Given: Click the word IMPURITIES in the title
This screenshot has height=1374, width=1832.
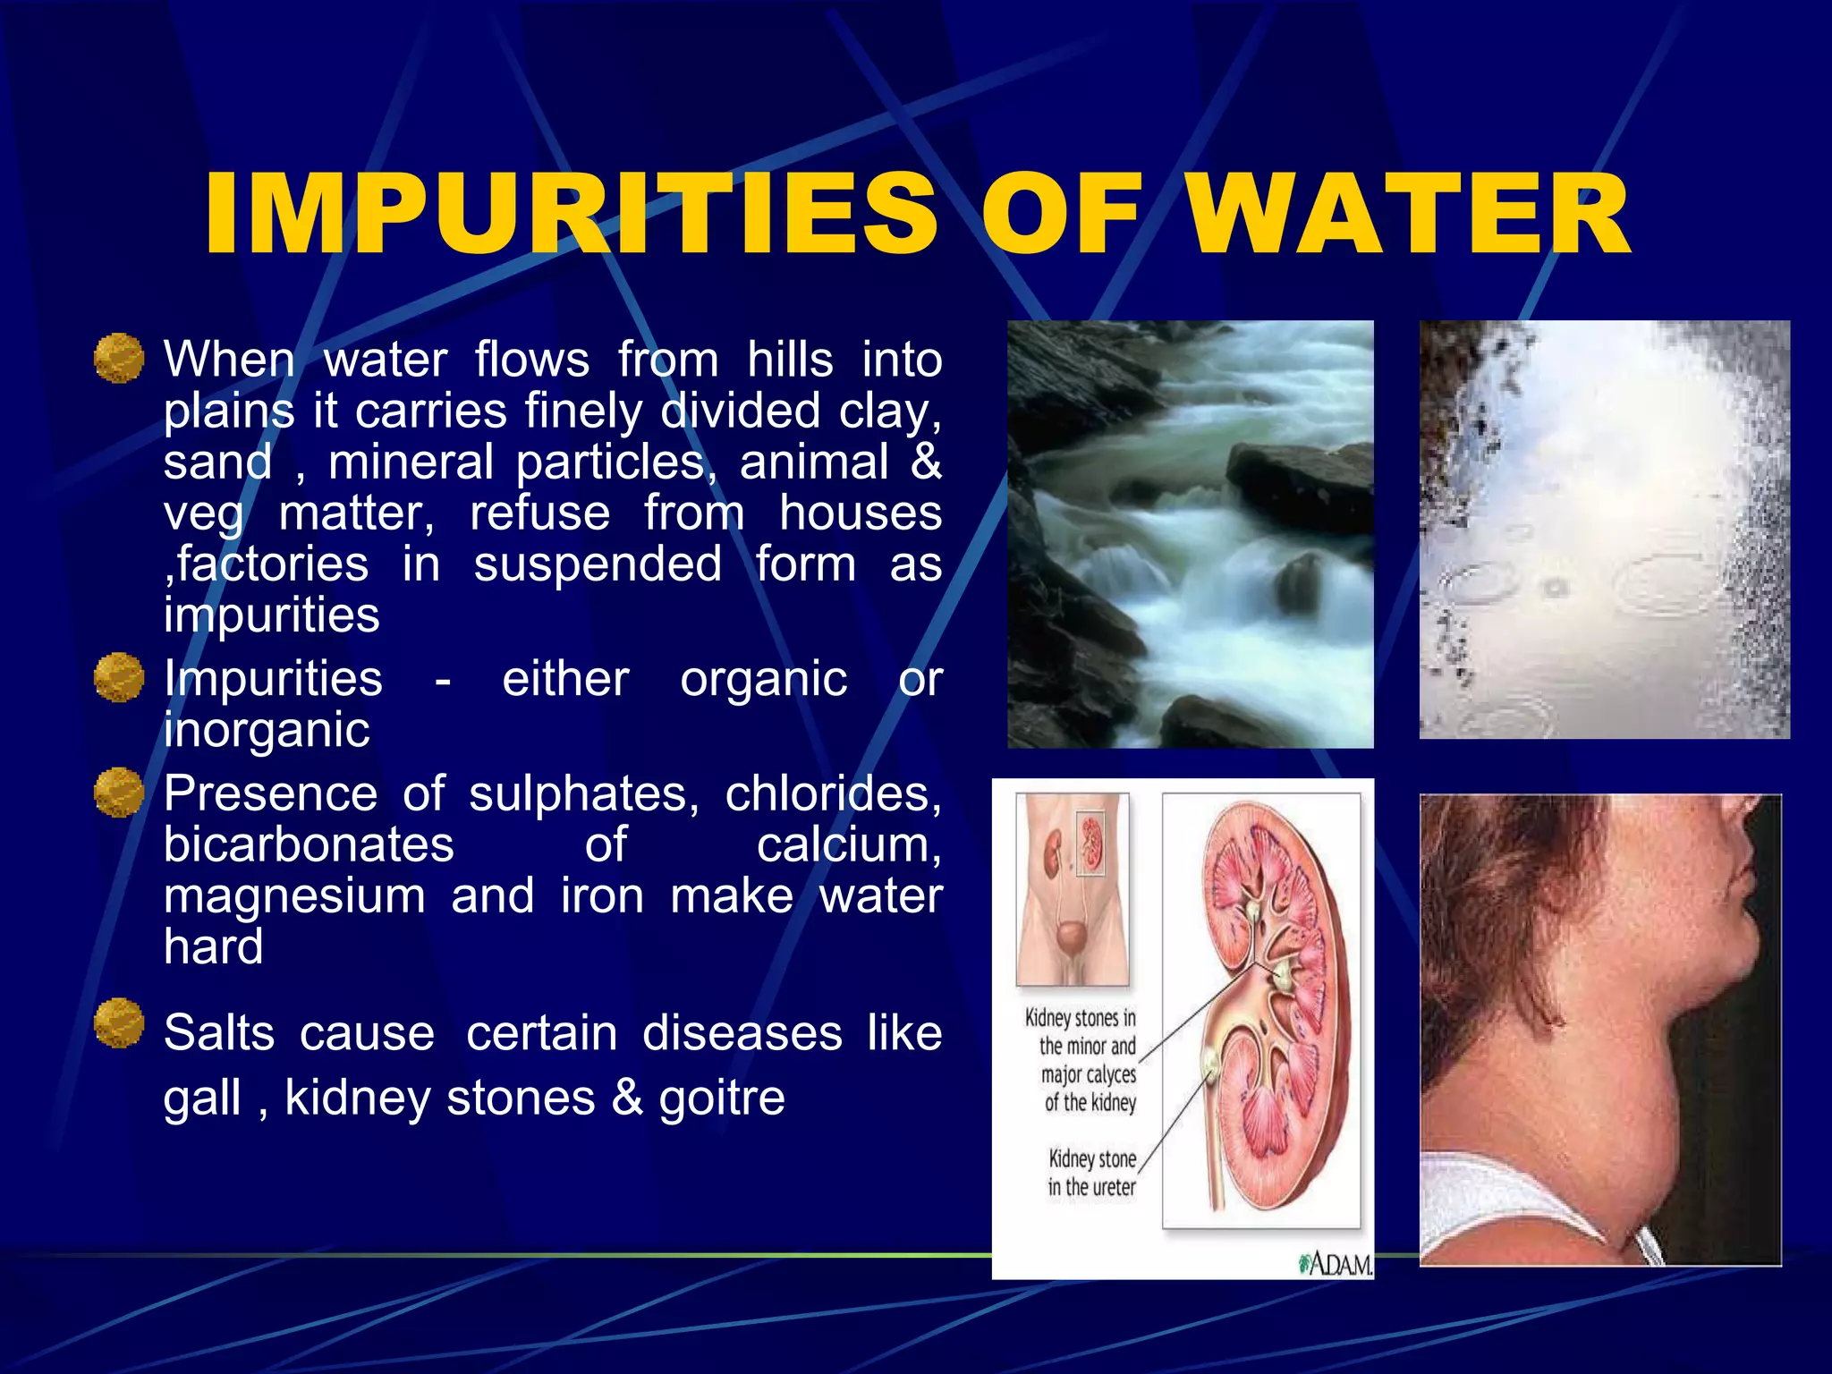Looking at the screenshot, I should [572, 215].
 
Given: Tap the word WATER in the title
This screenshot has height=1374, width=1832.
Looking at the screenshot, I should [1409, 215].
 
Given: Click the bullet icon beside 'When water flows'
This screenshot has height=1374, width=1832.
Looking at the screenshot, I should [119, 358].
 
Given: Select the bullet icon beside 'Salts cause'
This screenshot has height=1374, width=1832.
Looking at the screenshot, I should [119, 1022].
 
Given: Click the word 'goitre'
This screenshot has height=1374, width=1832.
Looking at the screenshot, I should [722, 1098].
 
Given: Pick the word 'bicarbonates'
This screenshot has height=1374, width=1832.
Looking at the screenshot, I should [309, 845].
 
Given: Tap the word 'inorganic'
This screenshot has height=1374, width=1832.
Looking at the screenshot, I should [267, 730].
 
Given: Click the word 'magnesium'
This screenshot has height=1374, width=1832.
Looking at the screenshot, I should [294, 896].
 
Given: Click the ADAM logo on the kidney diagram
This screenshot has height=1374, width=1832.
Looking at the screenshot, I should [1336, 1264].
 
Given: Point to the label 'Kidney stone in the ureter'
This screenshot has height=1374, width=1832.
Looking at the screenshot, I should [1091, 1173].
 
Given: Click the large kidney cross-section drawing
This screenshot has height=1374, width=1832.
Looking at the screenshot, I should [1261, 1011].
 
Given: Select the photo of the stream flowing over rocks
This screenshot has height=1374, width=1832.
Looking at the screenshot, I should [1190, 534].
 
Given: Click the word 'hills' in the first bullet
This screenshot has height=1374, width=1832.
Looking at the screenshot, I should [790, 360].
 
